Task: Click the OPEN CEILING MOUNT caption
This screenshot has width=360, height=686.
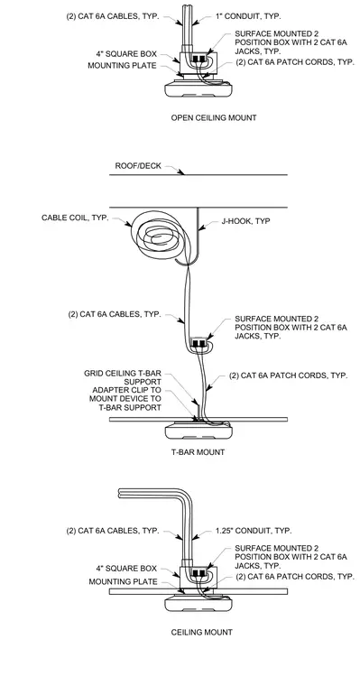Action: pos(214,117)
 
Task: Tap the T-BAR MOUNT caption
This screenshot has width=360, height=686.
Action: pos(198,452)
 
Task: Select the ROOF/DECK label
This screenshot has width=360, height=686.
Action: pos(138,166)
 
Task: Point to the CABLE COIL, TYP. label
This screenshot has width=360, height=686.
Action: pos(75,218)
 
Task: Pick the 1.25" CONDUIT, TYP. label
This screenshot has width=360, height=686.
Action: pos(254,531)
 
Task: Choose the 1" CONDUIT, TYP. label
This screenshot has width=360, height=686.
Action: pos(248,16)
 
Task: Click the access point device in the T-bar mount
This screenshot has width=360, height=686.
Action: pos(198,432)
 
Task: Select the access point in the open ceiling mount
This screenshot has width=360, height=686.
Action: pos(198,89)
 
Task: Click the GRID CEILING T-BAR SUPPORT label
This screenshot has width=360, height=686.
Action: pos(123,377)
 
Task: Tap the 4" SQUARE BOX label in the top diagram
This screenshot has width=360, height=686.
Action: pos(126,55)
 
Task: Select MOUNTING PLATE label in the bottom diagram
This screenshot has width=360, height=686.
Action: pos(123,582)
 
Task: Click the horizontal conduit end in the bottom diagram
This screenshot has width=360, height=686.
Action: pos(120,494)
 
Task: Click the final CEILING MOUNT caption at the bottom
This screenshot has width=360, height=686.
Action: pos(201,632)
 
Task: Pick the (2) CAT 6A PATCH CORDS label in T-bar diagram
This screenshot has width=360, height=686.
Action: pos(288,375)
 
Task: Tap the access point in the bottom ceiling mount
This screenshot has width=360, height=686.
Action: pos(198,604)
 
